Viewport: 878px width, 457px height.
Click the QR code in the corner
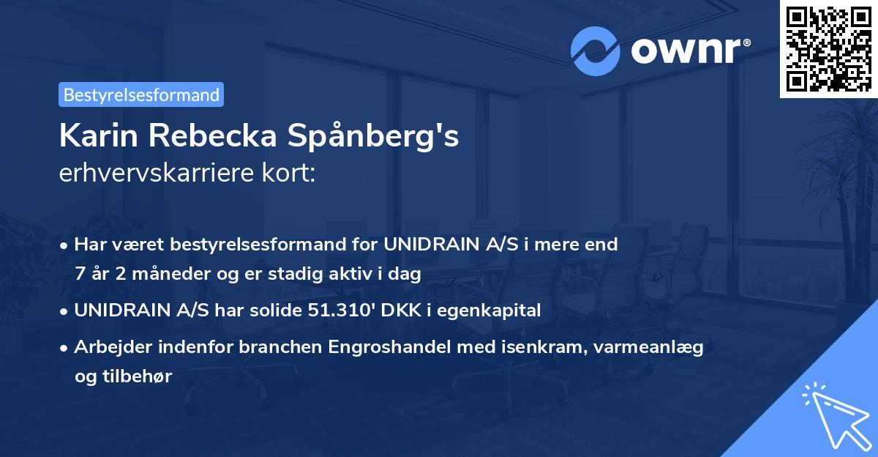[x=828, y=48]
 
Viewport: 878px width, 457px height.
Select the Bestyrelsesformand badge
[x=141, y=94]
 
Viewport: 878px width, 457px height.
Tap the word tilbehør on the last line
[x=123, y=376]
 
